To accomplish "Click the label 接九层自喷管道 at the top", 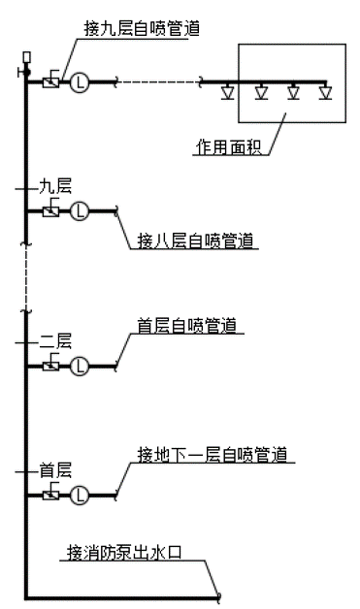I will point(143,28).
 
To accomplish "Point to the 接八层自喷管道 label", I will point(197,240).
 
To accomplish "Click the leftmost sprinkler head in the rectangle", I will point(229,93).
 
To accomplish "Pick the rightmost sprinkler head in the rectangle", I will point(325,93).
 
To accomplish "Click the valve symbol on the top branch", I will point(51,81).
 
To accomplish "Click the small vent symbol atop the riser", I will point(26,58).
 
